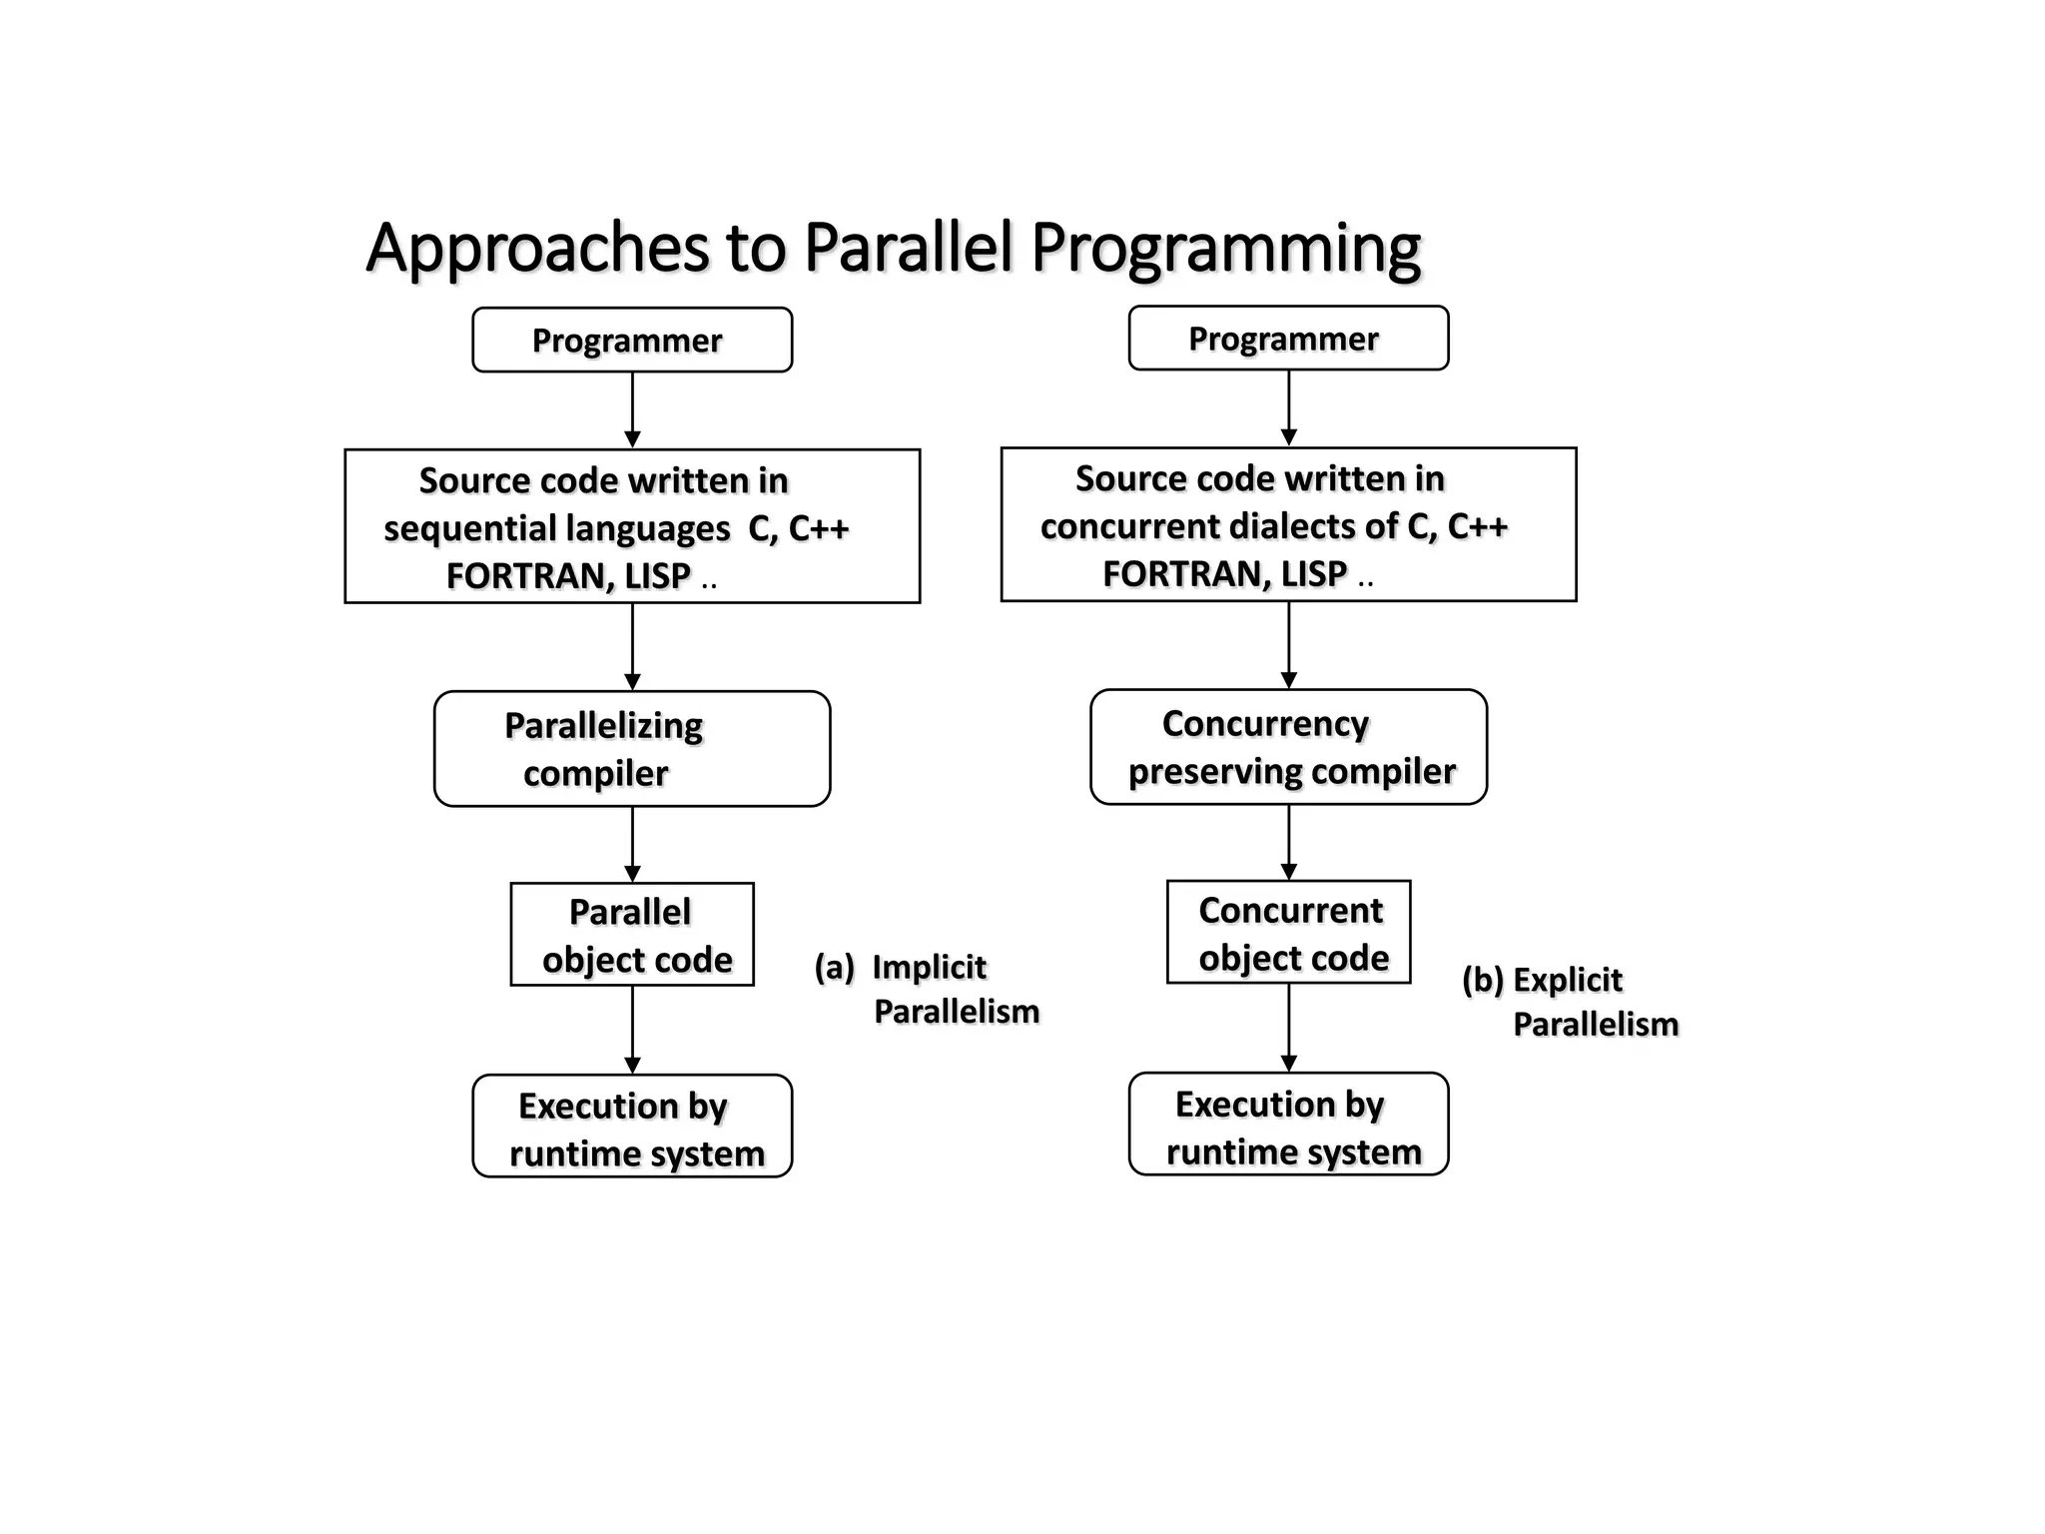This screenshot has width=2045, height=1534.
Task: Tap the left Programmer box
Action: [x=632, y=341]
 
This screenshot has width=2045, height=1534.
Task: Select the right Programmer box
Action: [x=1288, y=339]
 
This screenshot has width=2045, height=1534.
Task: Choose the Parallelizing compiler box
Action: [x=632, y=749]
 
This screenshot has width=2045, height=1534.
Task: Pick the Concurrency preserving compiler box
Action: [x=1288, y=747]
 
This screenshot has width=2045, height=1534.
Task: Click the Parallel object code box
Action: [x=632, y=935]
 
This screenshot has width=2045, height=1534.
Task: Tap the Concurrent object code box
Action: [x=1288, y=933]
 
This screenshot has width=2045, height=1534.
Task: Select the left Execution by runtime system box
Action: [x=632, y=1127]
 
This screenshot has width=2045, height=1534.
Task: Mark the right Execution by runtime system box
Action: [x=1288, y=1125]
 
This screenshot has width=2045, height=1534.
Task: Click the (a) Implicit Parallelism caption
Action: [x=927, y=989]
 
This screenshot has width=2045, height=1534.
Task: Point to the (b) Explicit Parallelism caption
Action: [x=1570, y=1002]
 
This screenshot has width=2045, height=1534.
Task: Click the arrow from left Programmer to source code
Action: [x=632, y=410]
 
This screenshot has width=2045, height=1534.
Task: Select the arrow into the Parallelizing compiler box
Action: [x=632, y=646]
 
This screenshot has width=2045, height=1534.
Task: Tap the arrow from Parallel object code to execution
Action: [x=632, y=1030]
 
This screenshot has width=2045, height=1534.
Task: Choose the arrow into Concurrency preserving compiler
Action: [x=1288, y=644]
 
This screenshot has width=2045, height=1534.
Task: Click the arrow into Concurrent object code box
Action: [x=1288, y=842]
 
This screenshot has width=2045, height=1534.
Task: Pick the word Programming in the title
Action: [x=1225, y=249]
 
